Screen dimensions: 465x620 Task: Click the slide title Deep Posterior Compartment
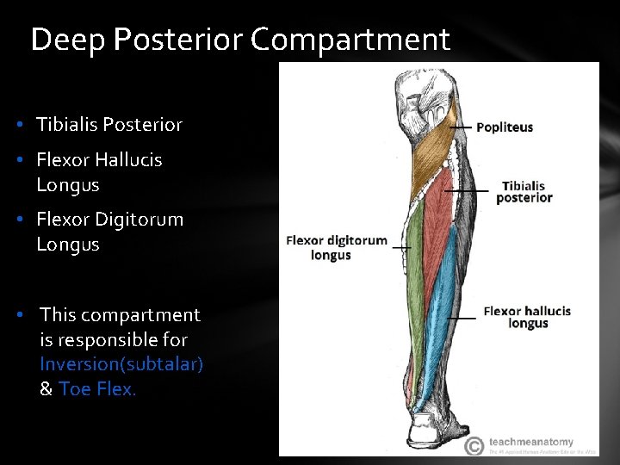tap(239, 40)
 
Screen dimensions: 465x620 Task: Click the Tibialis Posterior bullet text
tap(109, 125)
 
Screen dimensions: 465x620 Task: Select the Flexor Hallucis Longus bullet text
tap(99, 172)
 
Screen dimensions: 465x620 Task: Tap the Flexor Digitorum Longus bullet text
tap(109, 232)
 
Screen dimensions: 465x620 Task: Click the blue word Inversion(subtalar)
tap(121, 364)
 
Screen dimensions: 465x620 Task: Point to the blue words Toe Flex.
tap(97, 389)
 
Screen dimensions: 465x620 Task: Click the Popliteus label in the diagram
tap(505, 127)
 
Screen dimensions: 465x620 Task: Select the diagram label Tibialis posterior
tap(524, 191)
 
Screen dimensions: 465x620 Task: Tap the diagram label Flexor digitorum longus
tap(336, 248)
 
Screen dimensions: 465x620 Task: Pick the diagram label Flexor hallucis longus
tap(527, 317)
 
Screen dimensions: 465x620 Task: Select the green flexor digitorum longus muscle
tap(415, 276)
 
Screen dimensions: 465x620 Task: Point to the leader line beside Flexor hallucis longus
tap(462, 318)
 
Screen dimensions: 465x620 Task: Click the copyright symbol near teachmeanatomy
tap(474, 446)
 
